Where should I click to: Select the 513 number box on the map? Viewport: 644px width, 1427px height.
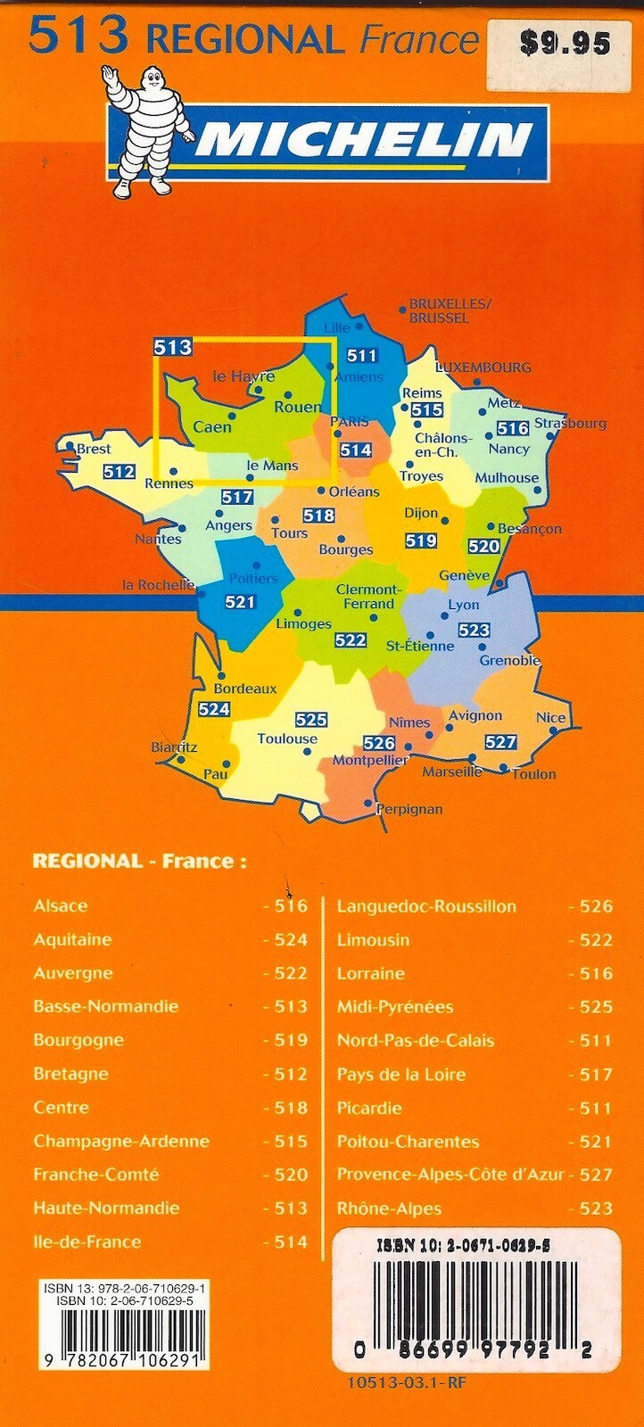[x=172, y=347]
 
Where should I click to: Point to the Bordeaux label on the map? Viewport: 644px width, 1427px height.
[x=245, y=689]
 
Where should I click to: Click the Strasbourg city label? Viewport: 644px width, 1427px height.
[x=570, y=423]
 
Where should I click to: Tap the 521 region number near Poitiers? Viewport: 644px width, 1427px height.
[x=240, y=602]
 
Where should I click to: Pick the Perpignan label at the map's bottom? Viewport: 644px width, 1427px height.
[x=409, y=809]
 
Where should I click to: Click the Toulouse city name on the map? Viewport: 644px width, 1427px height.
[x=287, y=738]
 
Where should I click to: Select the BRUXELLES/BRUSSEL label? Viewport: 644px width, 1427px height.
[x=450, y=310]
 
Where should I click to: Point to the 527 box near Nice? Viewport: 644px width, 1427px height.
[x=500, y=742]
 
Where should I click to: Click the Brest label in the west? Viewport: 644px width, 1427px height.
[x=93, y=449]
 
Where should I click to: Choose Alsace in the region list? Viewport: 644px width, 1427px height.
[x=61, y=906]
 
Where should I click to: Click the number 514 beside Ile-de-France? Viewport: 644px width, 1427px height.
[x=290, y=1241]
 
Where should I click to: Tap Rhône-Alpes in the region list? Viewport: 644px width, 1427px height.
[x=389, y=1208]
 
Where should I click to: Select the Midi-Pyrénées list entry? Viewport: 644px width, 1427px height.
[x=395, y=1007]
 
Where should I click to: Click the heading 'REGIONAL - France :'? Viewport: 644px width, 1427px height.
[x=139, y=861]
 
